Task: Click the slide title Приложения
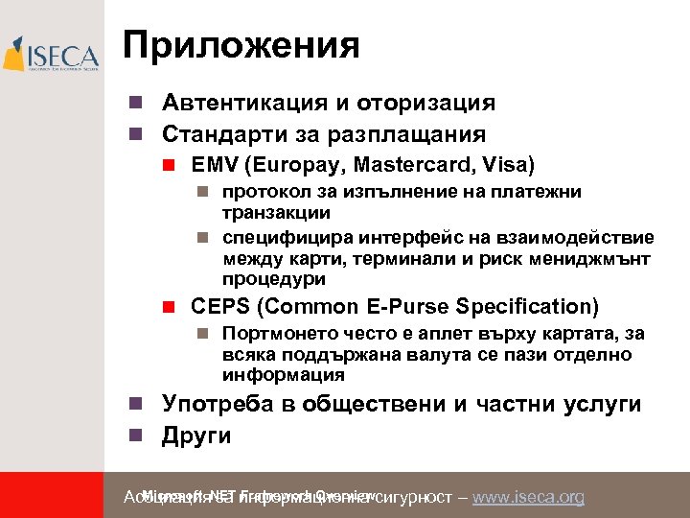[241, 45]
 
